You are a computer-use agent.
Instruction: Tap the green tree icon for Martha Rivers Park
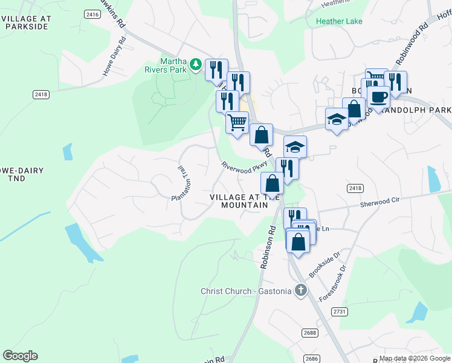[196, 64]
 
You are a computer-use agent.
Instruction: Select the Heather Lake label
[338, 21]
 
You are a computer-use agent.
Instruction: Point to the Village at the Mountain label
[239, 201]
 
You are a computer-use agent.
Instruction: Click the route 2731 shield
[340, 311]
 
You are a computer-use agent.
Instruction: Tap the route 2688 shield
[309, 332]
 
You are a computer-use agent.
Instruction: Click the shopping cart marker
[237, 122]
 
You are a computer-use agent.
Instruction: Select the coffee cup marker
[378, 97]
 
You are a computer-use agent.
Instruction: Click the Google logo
[20, 356]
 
